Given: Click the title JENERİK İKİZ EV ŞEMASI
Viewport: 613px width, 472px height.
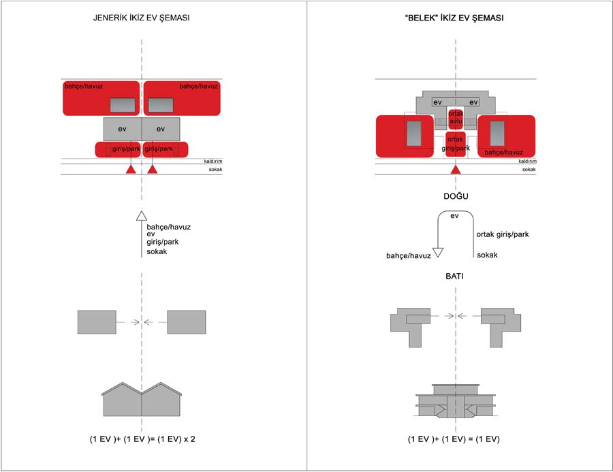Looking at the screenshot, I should [141, 18].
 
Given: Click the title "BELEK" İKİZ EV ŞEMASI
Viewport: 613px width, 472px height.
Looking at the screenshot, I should [454, 18].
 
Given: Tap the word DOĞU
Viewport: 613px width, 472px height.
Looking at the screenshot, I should [456, 196].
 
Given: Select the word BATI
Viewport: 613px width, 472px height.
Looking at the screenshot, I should [456, 278].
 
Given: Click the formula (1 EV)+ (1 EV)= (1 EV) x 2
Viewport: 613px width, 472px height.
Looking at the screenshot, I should [142, 439].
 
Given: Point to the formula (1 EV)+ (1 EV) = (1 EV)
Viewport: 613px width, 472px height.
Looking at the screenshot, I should [454, 439].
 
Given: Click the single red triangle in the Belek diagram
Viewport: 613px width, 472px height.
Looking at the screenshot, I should [456, 169].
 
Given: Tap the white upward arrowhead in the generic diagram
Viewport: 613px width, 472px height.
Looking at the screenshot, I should [142, 217].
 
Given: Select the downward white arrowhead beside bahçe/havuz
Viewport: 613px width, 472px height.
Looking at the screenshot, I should [438, 251].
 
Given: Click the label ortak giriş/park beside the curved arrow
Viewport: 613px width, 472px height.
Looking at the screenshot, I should [503, 235].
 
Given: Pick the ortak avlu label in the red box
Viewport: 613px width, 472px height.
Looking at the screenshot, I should [456, 117].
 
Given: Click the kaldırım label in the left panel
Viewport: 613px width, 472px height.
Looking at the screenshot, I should [213, 161].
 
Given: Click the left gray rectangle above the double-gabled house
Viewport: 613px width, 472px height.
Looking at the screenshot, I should [97, 321].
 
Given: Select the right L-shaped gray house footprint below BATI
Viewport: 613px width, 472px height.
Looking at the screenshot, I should [500, 326].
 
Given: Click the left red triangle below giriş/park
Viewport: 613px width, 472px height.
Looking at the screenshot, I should [130, 168].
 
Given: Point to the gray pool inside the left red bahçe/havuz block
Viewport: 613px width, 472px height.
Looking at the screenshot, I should [123, 104].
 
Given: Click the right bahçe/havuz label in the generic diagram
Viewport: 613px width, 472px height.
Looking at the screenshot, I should [198, 86].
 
